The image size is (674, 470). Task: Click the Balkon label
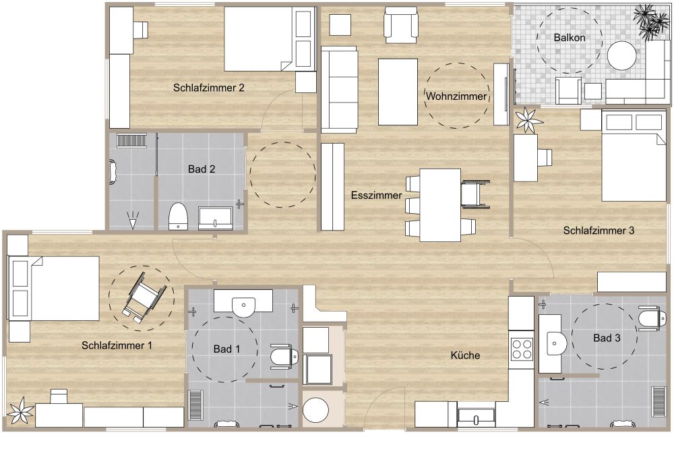(570, 38)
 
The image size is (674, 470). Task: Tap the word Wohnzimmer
(456, 96)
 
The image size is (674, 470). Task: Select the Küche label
(465, 355)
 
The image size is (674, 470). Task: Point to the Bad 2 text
(202, 169)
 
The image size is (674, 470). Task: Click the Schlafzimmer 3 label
(599, 231)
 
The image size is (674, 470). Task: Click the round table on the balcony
(621, 56)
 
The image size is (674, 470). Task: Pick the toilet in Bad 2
(178, 216)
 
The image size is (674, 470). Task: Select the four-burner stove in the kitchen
(522, 349)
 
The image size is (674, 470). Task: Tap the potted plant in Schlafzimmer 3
(528, 121)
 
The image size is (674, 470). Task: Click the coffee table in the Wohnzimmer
(398, 92)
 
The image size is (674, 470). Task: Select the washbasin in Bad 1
(243, 304)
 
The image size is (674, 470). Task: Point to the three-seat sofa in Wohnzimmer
(339, 90)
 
